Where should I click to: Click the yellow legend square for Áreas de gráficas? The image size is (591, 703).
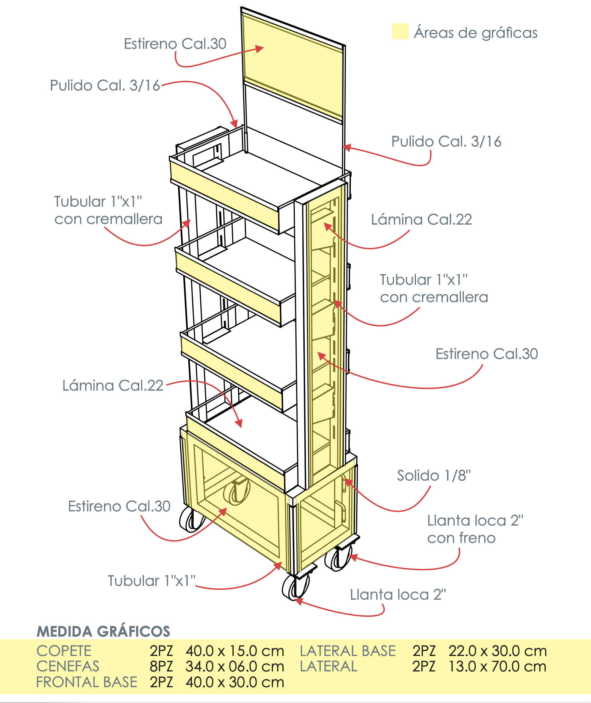point(400,31)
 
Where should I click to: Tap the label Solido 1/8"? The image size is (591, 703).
point(434,476)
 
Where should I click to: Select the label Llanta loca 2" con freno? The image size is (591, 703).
point(475,529)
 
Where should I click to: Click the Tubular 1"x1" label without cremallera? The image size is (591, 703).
point(151,581)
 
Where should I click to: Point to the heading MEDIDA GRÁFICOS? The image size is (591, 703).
point(103,631)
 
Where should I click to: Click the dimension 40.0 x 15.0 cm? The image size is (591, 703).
point(235,651)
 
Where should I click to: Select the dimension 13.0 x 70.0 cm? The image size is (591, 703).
point(497,666)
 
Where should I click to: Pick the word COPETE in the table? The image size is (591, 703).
point(64,651)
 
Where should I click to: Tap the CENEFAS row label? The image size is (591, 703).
point(68,666)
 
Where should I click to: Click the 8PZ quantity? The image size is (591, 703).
point(161,666)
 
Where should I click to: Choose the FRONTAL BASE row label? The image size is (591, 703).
point(86,682)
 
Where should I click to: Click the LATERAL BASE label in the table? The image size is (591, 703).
point(348,651)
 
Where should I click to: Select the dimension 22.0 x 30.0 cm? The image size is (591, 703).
point(497,651)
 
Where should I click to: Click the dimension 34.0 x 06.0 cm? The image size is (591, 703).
point(235,666)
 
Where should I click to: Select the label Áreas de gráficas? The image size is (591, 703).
point(476,32)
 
